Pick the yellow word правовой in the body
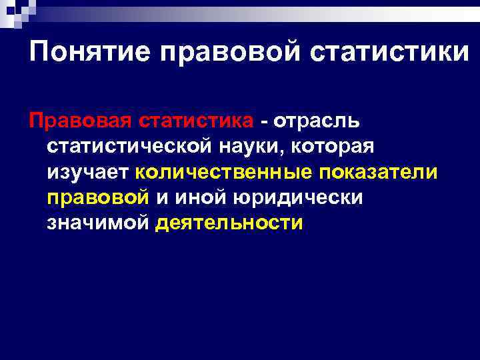pyautogui.click(x=97, y=197)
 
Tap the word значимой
pyautogui.click(x=98, y=223)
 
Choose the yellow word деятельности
pyautogui.click(x=229, y=223)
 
